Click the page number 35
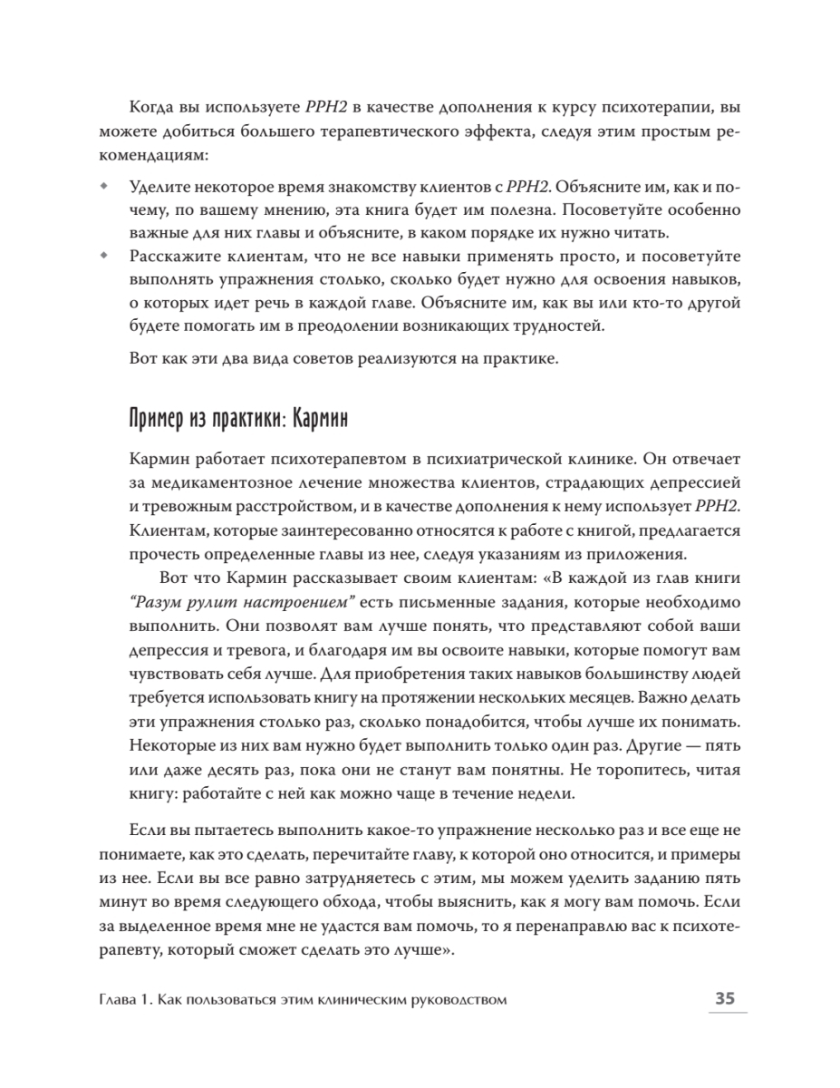click(x=725, y=999)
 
